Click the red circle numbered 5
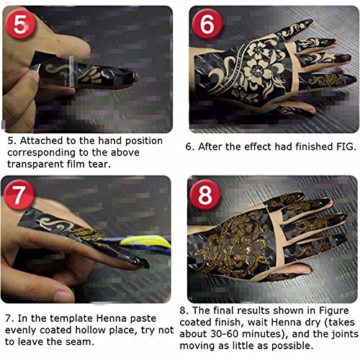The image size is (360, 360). coord(20,24)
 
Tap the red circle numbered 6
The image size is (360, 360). coord(207,24)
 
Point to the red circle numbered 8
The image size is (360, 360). coord(204,194)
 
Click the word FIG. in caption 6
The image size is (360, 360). coord(346,146)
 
